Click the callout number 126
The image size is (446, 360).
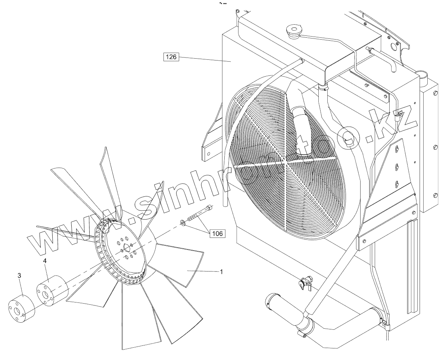coord(172,57)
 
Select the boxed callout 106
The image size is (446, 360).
coord(217,234)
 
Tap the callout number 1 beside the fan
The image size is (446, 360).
coord(221,272)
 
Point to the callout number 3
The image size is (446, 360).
coord(19,276)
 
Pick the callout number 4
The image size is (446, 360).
coord(45,261)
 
